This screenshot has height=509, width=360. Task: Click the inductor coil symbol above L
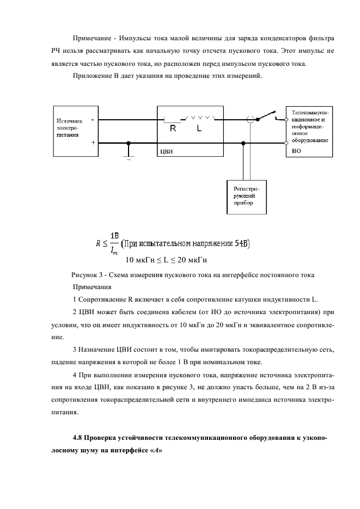[200, 118]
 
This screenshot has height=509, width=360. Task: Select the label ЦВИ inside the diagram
[166, 152]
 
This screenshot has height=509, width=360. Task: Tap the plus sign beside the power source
[93, 142]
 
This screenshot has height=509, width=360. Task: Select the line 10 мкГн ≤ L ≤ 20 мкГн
[168, 259]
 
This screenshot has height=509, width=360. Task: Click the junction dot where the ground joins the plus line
[129, 143]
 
